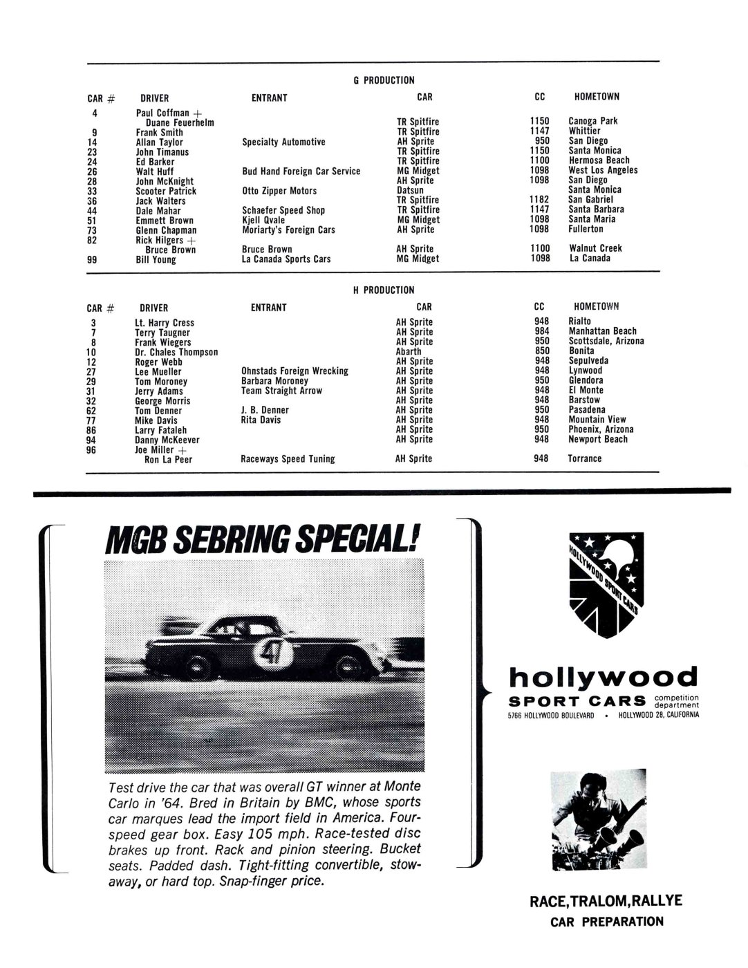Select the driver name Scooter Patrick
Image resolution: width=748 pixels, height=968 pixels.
click(x=166, y=191)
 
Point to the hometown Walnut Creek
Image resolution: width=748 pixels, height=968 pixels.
click(x=595, y=248)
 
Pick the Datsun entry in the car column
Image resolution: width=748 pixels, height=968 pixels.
click(x=410, y=190)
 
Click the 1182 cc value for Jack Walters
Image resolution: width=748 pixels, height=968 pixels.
click(x=539, y=199)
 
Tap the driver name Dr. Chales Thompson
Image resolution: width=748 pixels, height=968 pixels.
click(x=176, y=352)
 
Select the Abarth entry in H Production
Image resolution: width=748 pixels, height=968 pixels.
click(x=409, y=351)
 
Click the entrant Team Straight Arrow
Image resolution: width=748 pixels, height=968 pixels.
click(x=281, y=391)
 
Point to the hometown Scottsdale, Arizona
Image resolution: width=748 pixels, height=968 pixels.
click(x=606, y=341)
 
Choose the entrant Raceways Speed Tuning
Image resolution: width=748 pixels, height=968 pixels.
click(x=288, y=458)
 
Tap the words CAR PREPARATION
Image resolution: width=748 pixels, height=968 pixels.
click(x=606, y=921)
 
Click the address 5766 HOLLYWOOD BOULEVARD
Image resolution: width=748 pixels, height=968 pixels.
click(x=551, y=716)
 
